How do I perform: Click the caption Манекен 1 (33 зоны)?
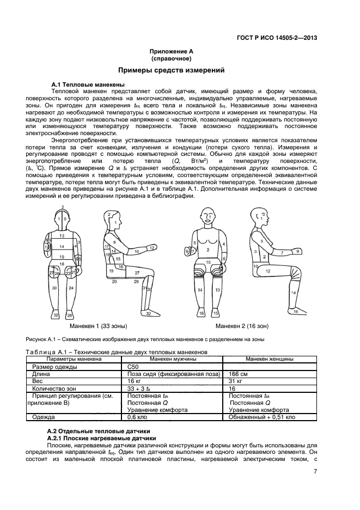pyautogui.click(x=103, y=326)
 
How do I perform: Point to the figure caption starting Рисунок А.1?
pyautogui.click(x=144, y=339)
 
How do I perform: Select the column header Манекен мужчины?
pyautogui.click(x=173, y=360)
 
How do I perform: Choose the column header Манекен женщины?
pyautogui.click(x=270, y=360)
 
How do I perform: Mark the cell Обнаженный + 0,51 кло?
pyautogui.click(x=262, y=417)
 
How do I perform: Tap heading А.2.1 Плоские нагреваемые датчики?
pyautogui.click(x=101, y=438)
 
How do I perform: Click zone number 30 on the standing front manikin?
pyautogui.click(x=55, y=287)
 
